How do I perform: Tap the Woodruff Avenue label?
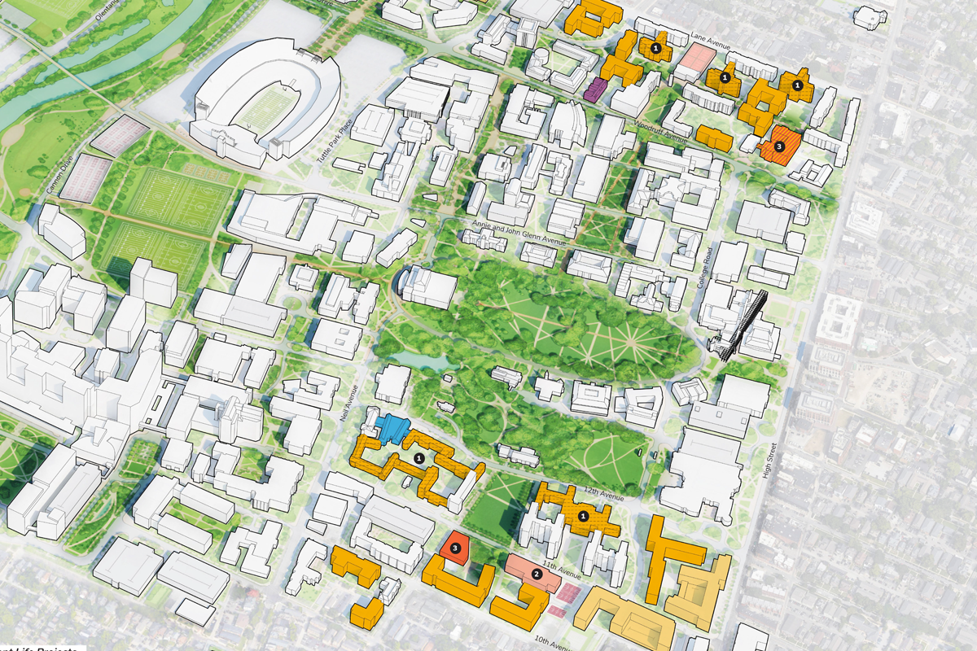(660, 132)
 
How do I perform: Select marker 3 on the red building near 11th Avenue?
(457, 548)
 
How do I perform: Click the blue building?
(392, 427)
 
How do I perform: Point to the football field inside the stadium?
(265, 112)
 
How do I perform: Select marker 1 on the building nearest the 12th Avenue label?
(583, 516)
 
